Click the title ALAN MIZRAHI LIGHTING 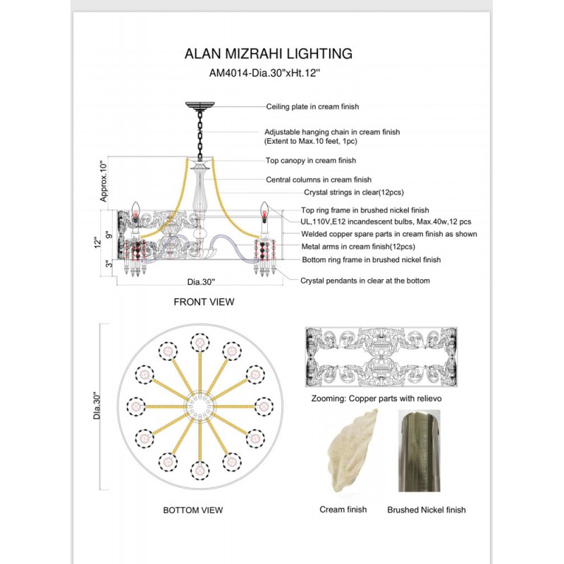(268, 54)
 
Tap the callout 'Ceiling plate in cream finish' (312, 106)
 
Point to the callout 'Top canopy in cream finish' (311, 160)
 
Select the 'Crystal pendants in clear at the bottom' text (364, 281)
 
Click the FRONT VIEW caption (204, 302)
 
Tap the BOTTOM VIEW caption (192, 510)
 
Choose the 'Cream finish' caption (343, 510)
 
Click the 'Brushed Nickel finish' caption (427, 510)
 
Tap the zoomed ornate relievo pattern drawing (381, 357)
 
